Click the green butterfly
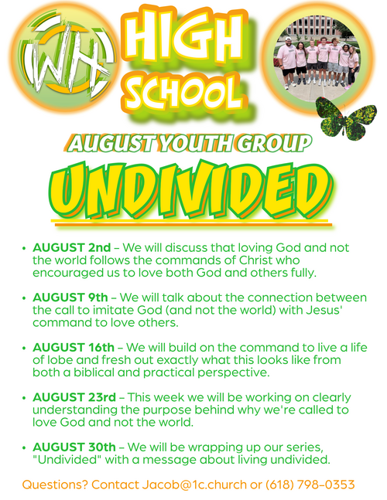point(347,118)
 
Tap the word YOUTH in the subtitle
point(197,144)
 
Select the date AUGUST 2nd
point(72,247)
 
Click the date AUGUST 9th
point(70,298)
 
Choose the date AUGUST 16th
point(74,347)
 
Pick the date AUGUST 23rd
point(74,397)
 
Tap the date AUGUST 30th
point(74,447)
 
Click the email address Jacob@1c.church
point(194,485)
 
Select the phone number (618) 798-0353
point(310,485)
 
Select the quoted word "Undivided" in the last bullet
point(67,460)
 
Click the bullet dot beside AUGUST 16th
point(24,348)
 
